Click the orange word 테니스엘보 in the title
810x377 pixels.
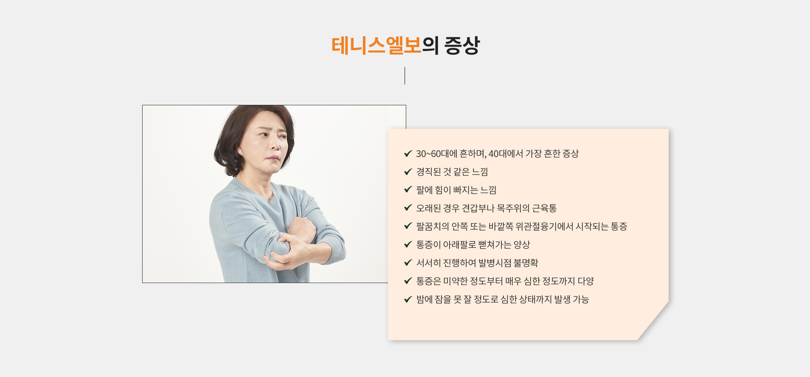(377, 45)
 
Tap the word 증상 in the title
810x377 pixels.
(462, 45)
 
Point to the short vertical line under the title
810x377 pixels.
(405, 76)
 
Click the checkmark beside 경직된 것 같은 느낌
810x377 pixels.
(408, 172)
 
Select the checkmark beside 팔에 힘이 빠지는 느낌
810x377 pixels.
(408, 190)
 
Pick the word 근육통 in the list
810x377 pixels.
(544, 208)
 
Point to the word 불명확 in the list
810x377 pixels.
(526, 263)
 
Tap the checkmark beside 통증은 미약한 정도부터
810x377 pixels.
(408, 281)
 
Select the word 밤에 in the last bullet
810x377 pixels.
(424, 299)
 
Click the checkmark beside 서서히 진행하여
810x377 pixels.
(408, 263)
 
